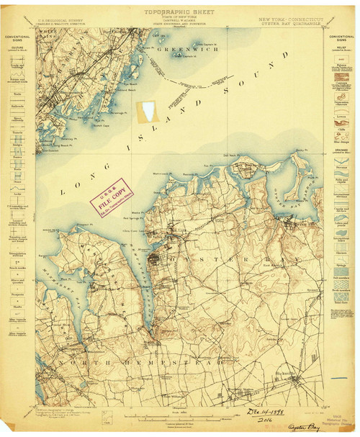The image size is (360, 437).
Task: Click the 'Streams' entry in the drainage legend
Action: tap(338, 169)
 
